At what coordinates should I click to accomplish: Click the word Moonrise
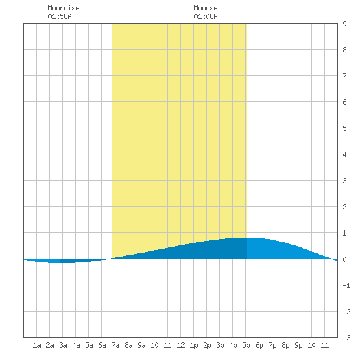click(63, 8)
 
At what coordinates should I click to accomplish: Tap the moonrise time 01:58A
click(60, 16)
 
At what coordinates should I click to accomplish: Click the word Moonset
click(207, 8)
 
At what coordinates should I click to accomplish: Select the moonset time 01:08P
click(206, 16)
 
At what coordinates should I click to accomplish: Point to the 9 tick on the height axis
click(344, 24)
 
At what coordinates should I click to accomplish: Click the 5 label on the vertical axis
click(344, 128)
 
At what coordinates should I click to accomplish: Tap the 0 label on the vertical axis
click(344, 259)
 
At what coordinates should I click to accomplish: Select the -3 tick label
click(346, 338)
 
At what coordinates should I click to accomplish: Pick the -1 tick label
click(346, 285)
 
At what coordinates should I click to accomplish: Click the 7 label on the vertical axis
click(344, 76)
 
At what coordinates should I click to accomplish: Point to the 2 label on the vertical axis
click(344, 207)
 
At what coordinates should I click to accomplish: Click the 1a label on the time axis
click(37, 345)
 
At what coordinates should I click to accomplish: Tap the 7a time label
click(115, 345)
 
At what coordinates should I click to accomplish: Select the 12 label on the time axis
click(181, 345)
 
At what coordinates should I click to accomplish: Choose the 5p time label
click(246, 345)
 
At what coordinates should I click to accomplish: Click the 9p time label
click(298, 345)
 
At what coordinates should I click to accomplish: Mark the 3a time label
click(63, 345)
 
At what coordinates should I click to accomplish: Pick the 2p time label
click(207, 345)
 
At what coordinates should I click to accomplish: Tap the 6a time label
click(102, 345)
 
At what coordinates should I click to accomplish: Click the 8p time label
click(285, 345)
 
